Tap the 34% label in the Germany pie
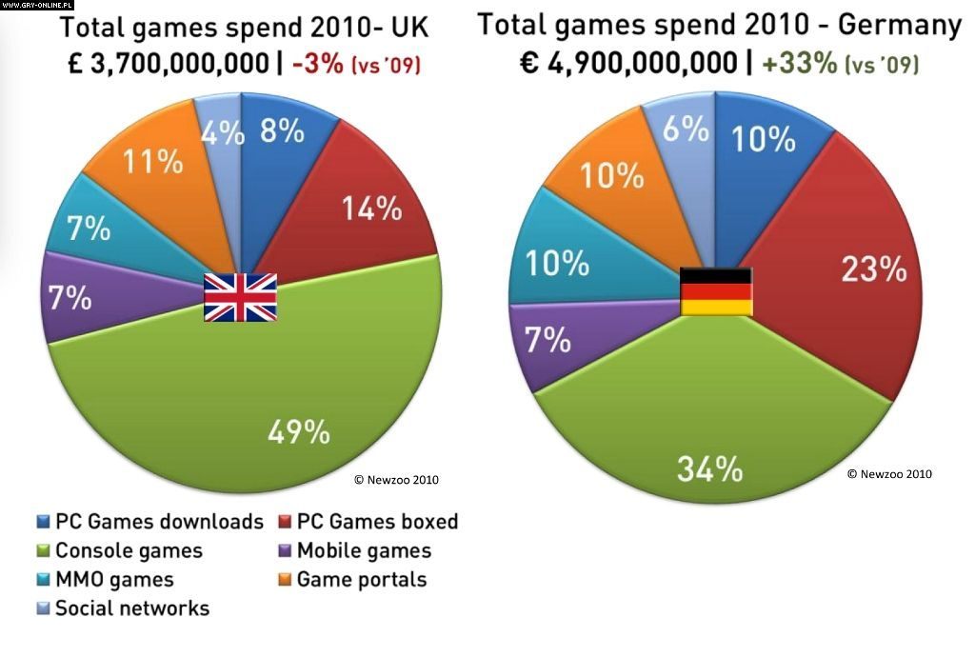pyautogui.click(x=709, y=468)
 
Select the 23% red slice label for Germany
pyautogui.click(x=873, y=270)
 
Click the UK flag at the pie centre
pyautogui.click(x=241, y=297)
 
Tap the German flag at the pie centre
pyautogui.click(x=716, y=291)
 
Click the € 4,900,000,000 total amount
pyautogui.click(x=628, y=64)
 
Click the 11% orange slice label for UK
pyautogui.click(x=155, y=162)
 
